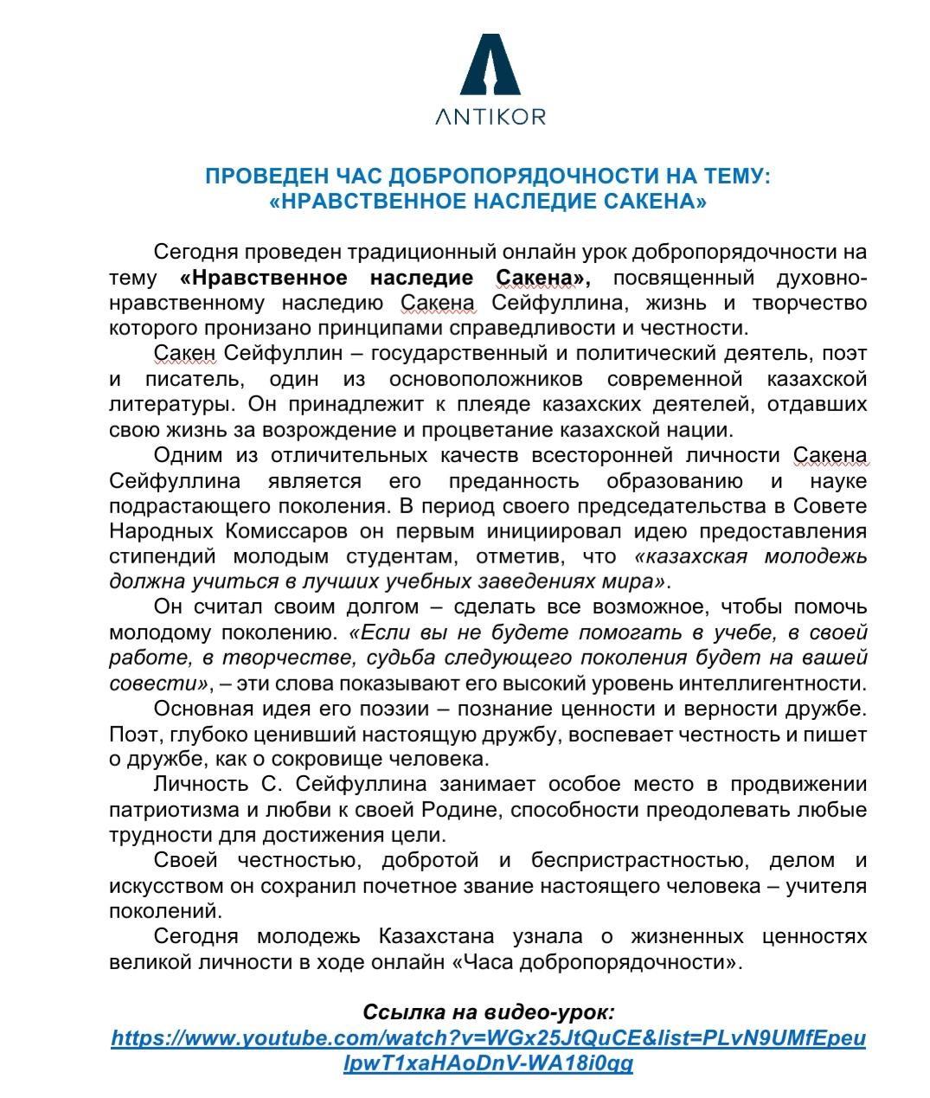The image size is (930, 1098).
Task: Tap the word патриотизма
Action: [x=169, y=810]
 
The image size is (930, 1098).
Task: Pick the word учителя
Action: [x=825, y=886]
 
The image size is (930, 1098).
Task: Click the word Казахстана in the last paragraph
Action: [x=436, y=936]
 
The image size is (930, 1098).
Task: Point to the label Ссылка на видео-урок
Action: [x=489, y=1012]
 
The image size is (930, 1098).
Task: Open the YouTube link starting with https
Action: [x=489, y=1037]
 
